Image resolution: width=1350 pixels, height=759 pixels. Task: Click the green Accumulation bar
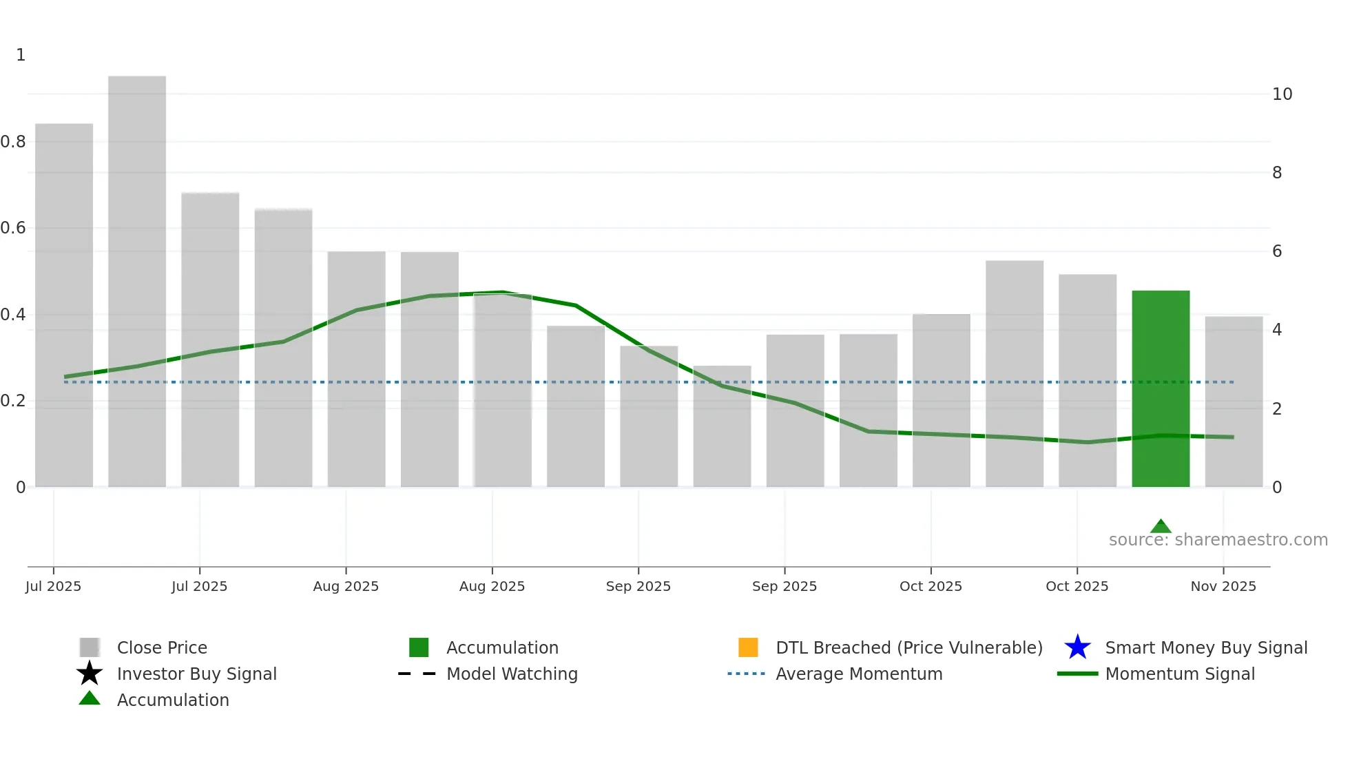coord(1161,388)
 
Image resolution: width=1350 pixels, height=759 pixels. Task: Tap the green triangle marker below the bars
coord(1161,526)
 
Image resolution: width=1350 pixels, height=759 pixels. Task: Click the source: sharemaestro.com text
coord(1218,540)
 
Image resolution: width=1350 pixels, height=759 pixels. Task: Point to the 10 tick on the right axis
coord(1282,94)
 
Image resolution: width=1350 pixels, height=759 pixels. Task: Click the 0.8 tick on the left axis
coord(13,142)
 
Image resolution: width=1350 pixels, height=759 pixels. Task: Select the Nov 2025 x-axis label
coord(1223,586)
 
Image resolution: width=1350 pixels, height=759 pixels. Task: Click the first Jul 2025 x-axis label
coord(54,586)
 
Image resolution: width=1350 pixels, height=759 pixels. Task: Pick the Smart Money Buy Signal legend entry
coord(1205,647)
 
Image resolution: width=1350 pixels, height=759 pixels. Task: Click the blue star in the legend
coord(1077,647)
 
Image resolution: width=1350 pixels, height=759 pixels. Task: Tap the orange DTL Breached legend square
coord(748,647)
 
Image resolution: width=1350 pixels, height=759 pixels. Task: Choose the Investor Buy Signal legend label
coord(196,674)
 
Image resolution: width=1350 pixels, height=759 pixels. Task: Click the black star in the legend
coord(90,674)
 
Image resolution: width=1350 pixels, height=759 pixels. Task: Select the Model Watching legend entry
coord(511,674)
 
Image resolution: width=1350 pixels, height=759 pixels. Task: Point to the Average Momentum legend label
coord(858,674)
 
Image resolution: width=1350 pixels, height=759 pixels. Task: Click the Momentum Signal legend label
coord(1179,674)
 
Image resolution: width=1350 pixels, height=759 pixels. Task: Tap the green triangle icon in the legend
coord(90,698)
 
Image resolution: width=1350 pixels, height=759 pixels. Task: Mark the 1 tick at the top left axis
coord(21,55)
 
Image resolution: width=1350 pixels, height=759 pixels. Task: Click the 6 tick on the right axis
coord(1276,251)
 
